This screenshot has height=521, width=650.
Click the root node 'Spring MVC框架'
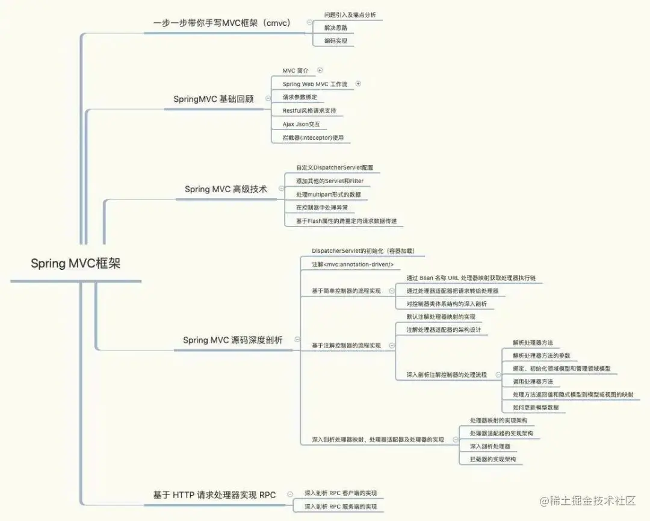point(76,263)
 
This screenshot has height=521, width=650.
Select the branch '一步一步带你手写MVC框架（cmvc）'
point(221,23)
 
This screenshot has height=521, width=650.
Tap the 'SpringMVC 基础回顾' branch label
point(213,99)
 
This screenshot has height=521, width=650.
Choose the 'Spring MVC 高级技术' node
point(226,189)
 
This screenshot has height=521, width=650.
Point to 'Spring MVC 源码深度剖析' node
point(232,340)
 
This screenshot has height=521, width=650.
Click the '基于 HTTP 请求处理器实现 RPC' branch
point(214,495)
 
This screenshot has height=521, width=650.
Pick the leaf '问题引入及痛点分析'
point(350,14)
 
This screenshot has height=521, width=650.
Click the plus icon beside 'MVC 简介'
point(320,70)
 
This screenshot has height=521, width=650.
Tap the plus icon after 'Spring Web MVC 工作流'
point(358,84)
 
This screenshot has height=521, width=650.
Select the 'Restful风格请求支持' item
point(309,111)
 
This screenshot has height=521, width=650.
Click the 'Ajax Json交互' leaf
point(301,124)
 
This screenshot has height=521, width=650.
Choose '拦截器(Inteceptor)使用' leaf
point(312,138)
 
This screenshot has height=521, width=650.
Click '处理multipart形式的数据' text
point(329,195)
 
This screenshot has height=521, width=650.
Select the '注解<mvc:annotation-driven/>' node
point(352,264)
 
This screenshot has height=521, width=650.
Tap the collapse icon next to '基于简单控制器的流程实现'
point(392,291)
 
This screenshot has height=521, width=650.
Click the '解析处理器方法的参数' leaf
point(541,355)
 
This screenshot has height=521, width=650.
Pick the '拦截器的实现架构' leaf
point(492,459)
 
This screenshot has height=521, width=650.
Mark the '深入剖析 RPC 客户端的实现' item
point(340,493)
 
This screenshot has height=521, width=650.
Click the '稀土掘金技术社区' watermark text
point(589,501)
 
